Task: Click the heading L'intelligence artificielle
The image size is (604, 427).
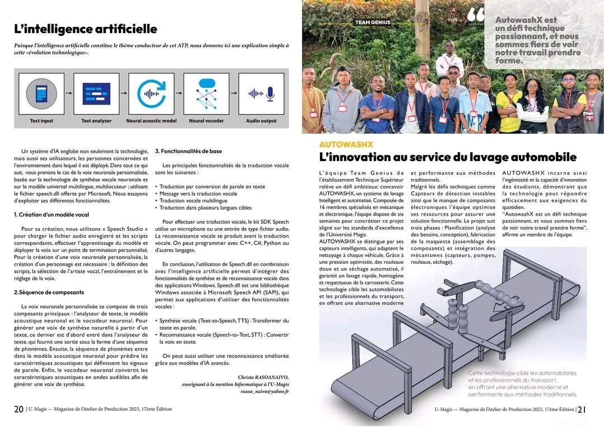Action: point(86,29)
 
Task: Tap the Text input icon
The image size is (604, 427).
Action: point(41,94)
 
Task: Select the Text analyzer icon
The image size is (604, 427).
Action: point(96,94)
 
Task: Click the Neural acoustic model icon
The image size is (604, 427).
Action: point(151,94)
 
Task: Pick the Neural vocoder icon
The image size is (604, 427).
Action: point(206,94)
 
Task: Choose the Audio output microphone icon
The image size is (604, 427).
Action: point(261,94)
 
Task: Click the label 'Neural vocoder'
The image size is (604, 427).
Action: point(206,121)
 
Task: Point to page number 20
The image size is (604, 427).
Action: point(18,409)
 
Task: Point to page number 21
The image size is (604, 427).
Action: point(582,409)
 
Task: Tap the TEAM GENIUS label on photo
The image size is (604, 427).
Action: point(372,23)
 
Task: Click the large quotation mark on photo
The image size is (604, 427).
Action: point(476,15)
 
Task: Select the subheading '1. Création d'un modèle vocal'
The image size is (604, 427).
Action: point(51,215)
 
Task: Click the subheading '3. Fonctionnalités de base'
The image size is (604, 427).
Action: point(188,151)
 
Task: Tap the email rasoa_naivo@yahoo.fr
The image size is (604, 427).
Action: point(265,392)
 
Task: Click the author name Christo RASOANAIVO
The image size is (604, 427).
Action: point(263,377)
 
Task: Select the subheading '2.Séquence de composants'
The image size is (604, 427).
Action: point(49,292)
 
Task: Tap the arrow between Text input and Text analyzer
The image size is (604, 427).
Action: point(69,94)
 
